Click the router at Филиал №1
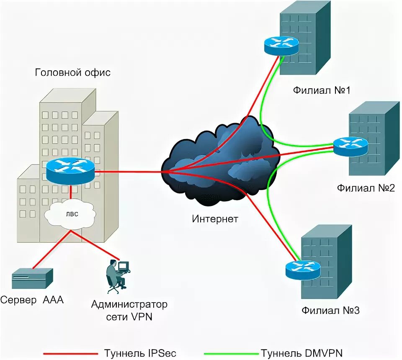coord(281,44)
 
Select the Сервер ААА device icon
coord(32,279)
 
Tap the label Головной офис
coord(72,72)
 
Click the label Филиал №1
coord(321,90)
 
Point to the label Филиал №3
coord(330,311)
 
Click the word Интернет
coord(215,219)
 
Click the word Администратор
coord(129,304)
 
